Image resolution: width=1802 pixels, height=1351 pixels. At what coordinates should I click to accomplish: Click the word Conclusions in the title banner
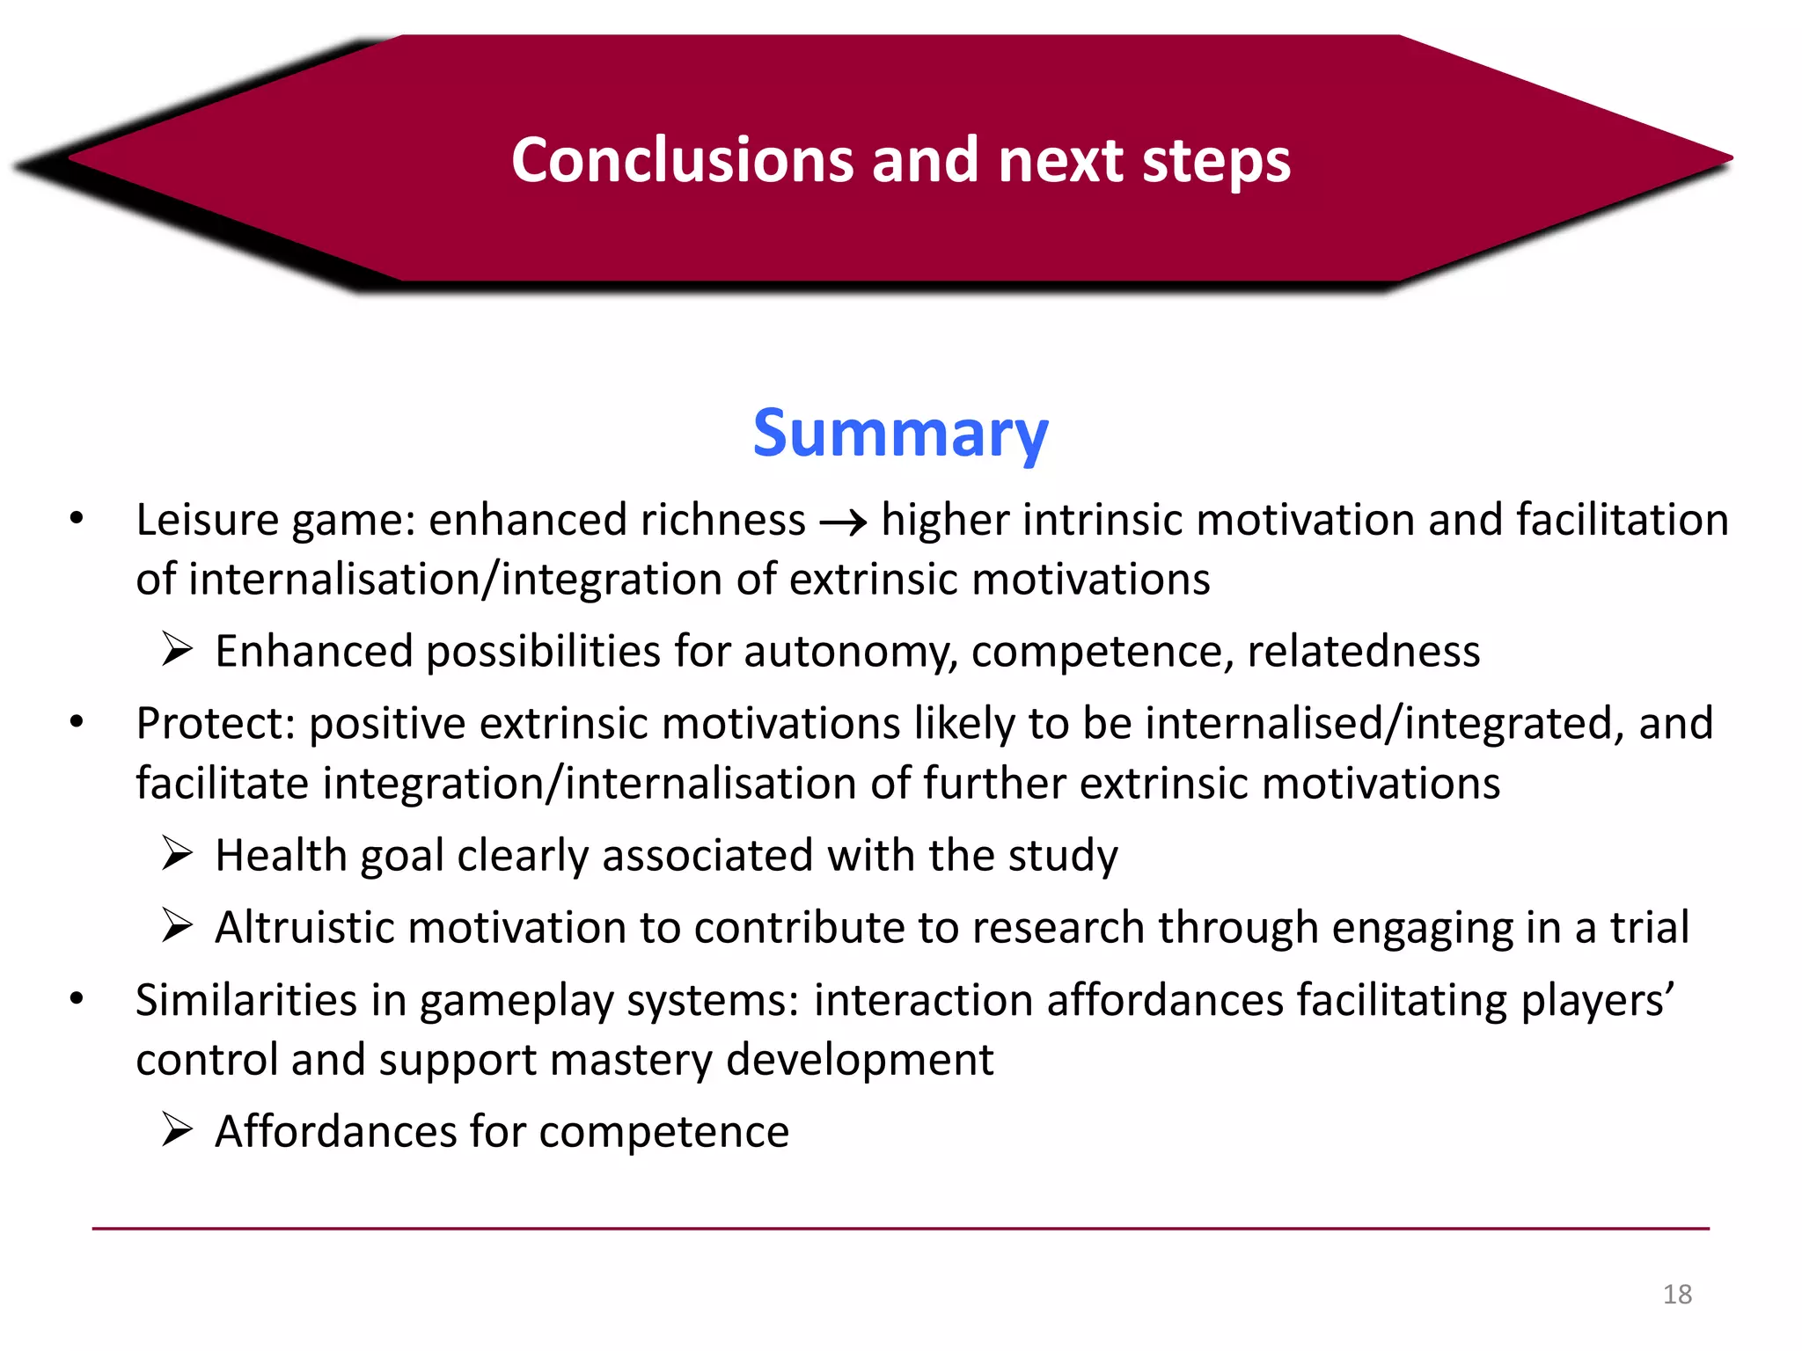click(682, 160)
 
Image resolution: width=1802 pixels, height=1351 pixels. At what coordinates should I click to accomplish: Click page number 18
click(1677, 1294)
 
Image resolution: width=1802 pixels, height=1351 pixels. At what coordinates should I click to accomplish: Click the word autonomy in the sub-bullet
click(850, 653)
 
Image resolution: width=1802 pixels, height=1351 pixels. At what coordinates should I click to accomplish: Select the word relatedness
click(1363, 651)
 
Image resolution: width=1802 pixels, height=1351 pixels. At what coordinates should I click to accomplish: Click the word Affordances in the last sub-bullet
click(335, 1131)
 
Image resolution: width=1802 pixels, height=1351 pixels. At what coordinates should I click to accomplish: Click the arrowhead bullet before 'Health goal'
click(177, 854)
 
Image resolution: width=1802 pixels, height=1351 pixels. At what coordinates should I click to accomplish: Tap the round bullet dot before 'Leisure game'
click(77, 519)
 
